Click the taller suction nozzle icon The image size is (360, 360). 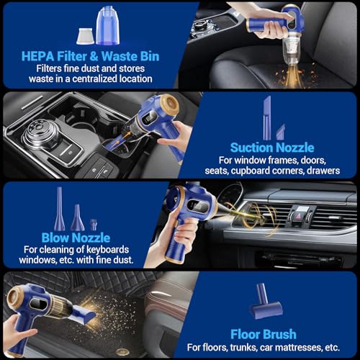click(266, 117)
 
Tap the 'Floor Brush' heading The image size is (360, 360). click(265, 333)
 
